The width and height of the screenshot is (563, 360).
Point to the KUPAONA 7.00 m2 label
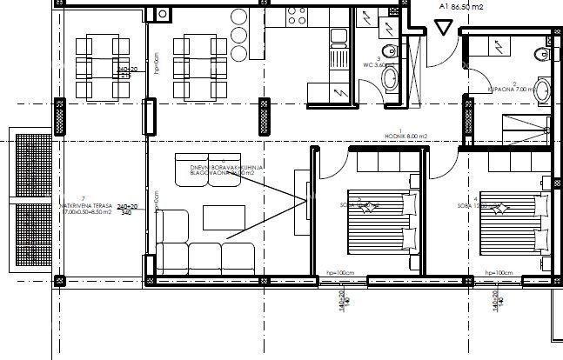click(504, 90)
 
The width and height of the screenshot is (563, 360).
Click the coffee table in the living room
click(221, 216)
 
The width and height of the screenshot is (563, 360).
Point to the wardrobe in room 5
click(384, 161)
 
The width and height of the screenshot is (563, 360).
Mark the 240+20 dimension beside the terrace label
click(127, 207)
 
